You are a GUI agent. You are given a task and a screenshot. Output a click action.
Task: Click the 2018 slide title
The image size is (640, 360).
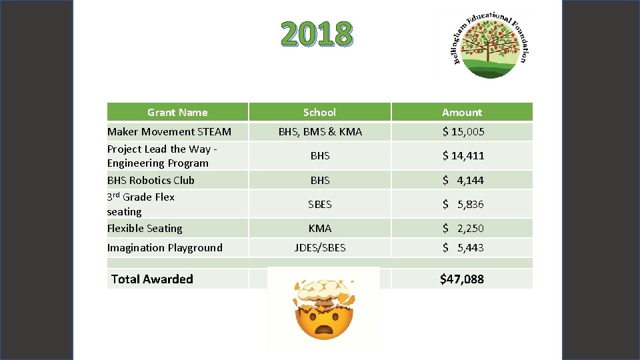(315, 34)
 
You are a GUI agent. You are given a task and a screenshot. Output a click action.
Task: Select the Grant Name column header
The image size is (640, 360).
(177, 112)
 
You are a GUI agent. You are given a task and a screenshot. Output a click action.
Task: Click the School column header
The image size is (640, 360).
(319, 112)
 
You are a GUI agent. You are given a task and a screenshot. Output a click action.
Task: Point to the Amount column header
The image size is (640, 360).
(462, 112)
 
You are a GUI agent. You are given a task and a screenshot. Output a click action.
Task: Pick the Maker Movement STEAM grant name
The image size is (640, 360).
(169, 131)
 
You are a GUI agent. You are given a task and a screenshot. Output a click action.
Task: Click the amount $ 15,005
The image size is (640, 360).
(463, 131)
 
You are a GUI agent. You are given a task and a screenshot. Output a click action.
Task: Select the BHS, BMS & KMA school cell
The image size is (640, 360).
(320, 131)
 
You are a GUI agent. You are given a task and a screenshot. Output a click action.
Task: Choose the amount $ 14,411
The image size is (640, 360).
(463, 155)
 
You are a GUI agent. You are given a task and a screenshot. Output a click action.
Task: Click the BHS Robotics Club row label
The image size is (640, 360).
(151, 180)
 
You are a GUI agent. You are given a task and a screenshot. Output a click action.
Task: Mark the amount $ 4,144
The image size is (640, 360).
(463, 180)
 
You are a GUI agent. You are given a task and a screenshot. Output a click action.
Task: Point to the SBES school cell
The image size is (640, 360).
(320, 204)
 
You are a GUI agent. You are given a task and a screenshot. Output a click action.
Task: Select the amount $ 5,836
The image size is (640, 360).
(463, 204)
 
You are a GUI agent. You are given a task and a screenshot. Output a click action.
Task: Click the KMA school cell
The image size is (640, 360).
(320, 228)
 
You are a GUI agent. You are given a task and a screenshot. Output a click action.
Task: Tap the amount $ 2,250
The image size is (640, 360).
(463, 228)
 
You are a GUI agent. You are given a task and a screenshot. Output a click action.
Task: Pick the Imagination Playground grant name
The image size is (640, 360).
(165, 247)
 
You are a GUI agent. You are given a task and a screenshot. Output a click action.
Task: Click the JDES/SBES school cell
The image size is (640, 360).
(320, 247)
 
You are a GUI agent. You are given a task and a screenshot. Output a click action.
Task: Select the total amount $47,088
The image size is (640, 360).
(462, 279)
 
